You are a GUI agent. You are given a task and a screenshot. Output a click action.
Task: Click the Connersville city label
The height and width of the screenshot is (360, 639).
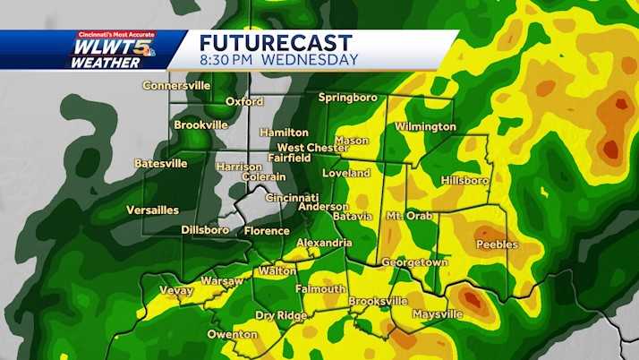(x=176, y=86)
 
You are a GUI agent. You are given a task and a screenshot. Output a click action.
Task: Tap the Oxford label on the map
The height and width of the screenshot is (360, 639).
(x=243, y=102)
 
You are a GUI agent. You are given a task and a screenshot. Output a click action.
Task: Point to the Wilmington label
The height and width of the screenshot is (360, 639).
(x=425, y=127)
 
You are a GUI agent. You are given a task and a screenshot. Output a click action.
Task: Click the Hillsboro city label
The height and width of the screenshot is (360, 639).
(x=464, y=180)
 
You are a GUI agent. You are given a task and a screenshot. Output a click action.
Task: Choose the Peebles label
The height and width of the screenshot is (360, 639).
(x=497, y=244)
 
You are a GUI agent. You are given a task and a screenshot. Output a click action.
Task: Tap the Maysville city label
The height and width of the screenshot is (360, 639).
(x=437, y=314)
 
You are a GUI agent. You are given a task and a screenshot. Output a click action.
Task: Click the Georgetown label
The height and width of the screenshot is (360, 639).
(x=414, y=262)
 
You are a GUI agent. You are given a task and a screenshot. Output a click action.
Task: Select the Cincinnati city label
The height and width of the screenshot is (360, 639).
(x=292, y=198)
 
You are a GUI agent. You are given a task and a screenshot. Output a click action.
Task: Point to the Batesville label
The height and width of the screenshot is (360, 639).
(x=161, y=164)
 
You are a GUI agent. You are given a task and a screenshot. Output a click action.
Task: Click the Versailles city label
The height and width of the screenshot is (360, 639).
(x=153, y=210)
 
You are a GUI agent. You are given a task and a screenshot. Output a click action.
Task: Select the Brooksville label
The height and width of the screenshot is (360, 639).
(x=378, y=302)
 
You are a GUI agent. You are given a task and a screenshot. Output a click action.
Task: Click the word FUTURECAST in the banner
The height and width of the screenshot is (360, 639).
(x=275, y=43)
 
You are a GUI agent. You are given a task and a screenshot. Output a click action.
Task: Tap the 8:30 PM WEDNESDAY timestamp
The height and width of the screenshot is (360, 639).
(x=278, y=60)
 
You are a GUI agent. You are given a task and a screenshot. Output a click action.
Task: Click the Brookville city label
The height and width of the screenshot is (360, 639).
(x=200, y=125)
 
